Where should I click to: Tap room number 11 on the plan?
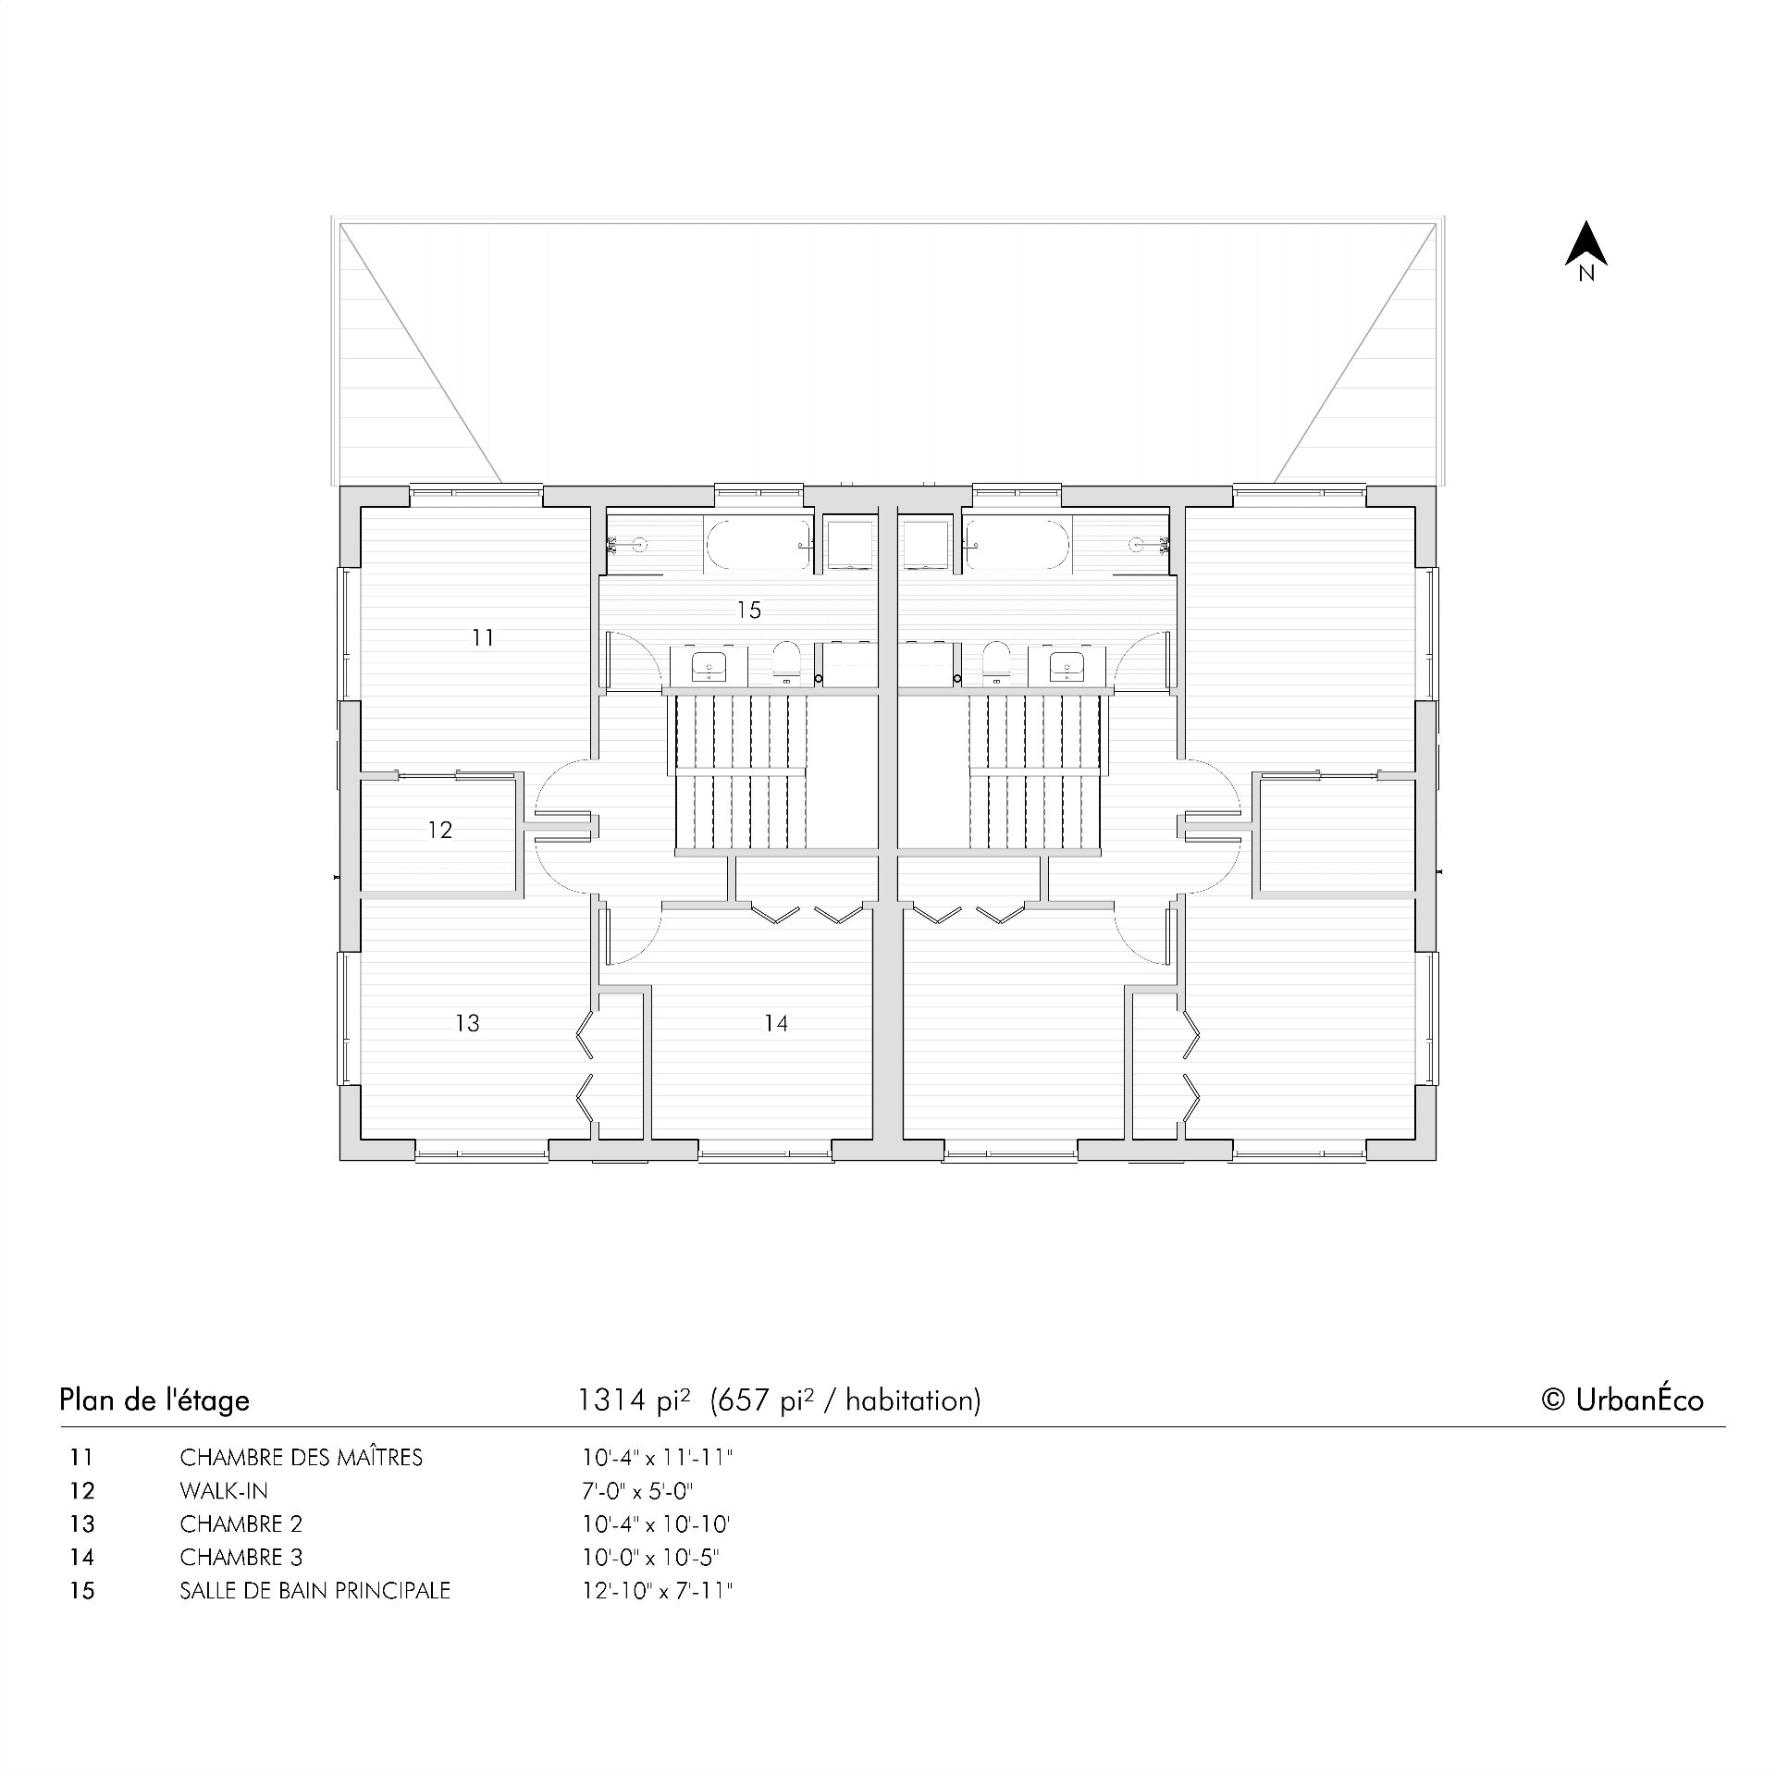483,637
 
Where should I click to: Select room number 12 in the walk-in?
440,830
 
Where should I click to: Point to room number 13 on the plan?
468,1023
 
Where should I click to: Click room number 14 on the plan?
776,1023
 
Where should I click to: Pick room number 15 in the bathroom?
749,610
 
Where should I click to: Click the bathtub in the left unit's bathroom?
758,546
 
